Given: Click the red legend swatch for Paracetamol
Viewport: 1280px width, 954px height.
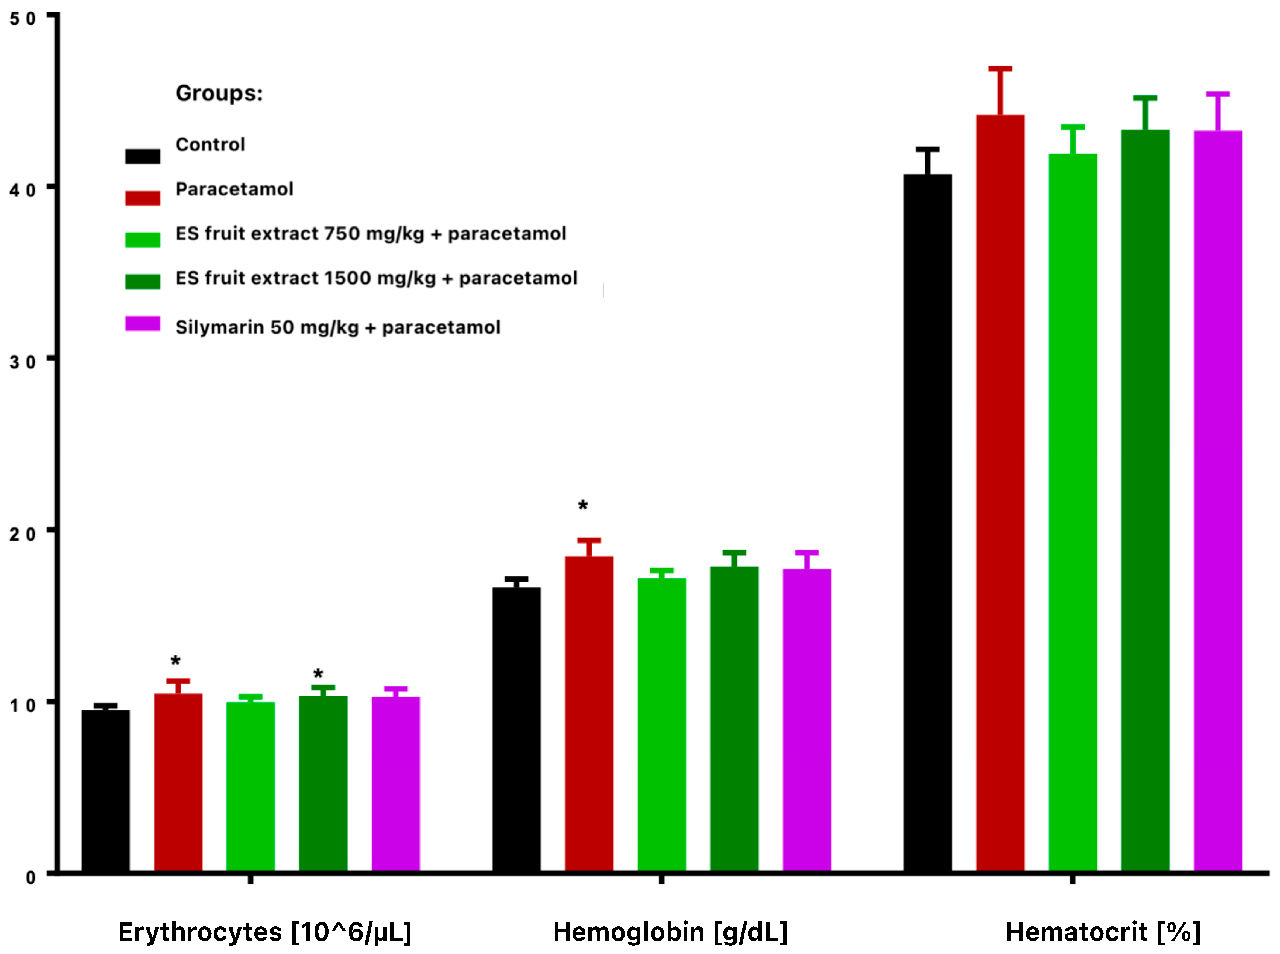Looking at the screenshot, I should [x=143, y=198].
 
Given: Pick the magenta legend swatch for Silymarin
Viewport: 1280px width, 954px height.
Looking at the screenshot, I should [x=143, y=324].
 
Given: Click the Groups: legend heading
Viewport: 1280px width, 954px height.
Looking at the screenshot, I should [x=219, y=93].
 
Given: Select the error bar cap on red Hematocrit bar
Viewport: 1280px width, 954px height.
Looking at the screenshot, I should [x=1000, y=69].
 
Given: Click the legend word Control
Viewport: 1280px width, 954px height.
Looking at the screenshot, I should [x=210, y=144].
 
